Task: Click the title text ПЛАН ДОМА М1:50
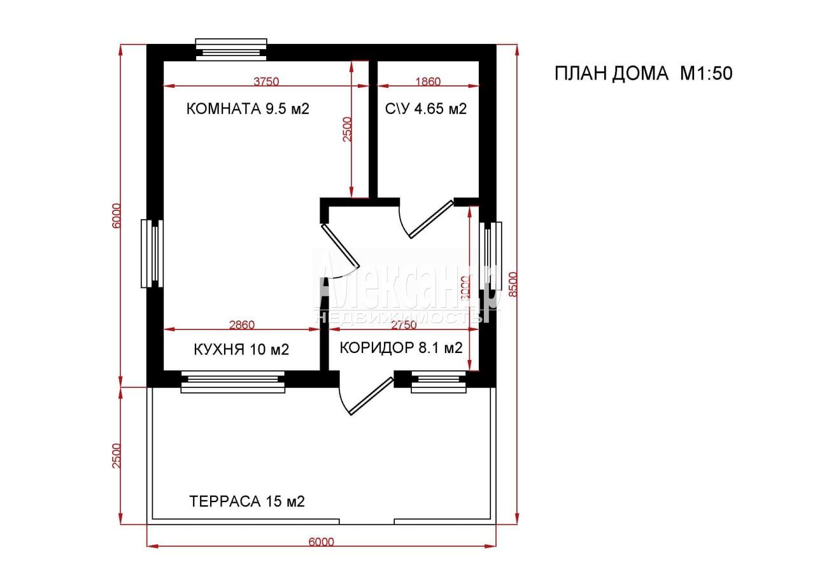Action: (x=643, y=73)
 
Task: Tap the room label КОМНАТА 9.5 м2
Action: (x=248, y=109)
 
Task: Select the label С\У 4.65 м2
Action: (x=426, y=109)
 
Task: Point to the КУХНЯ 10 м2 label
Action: (x=241, y=350)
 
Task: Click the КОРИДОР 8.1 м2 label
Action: (x=401, y=348)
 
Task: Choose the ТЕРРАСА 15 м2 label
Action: (x=246, y=501)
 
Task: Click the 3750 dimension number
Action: (x=266, y=81)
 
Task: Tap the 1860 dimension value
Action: (x=429, y=81)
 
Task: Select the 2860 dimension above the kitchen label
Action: (x=241, y=324)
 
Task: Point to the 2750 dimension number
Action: (x=404, y=324)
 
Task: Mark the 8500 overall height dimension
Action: (x=513, y=284)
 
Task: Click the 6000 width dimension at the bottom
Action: (x=322, y=542)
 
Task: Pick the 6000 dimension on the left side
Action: (x=116, y=215)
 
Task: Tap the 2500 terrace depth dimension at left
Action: (x=116, y=456)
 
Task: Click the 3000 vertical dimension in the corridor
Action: (x=465, y=289)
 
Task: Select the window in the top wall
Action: (x=231, y=50)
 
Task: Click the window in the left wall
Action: (x=152, y=254)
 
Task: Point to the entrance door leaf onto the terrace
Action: (x=371, y=396)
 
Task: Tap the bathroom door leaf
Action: (x=432, y=219)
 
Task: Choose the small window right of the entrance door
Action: (x=439, y=382)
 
